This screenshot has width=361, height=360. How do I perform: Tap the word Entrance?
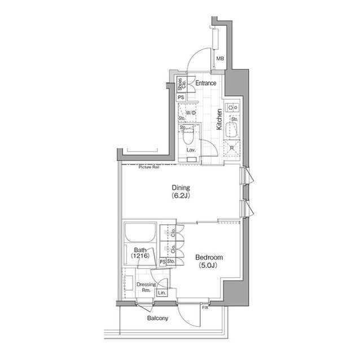[x=206, y=83]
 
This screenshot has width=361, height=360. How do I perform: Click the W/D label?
[x=191, y=113]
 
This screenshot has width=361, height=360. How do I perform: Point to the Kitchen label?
[x=220, y=119]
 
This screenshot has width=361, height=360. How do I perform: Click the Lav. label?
[x=191, y=150]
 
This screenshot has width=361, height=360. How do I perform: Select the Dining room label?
[x=180, y=188]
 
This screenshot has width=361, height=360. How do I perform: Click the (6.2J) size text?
[x=180, y=196]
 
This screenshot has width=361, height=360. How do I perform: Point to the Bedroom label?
[x=206, y=257]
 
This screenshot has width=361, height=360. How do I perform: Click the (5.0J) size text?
[x=206, y=265]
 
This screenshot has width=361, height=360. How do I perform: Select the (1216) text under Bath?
[x=140, y=256]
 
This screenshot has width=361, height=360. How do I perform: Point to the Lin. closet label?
[x=162, y=294]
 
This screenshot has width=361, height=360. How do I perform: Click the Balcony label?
[x=158, y=318]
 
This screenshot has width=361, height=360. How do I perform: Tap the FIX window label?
[x=205, y=307]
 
